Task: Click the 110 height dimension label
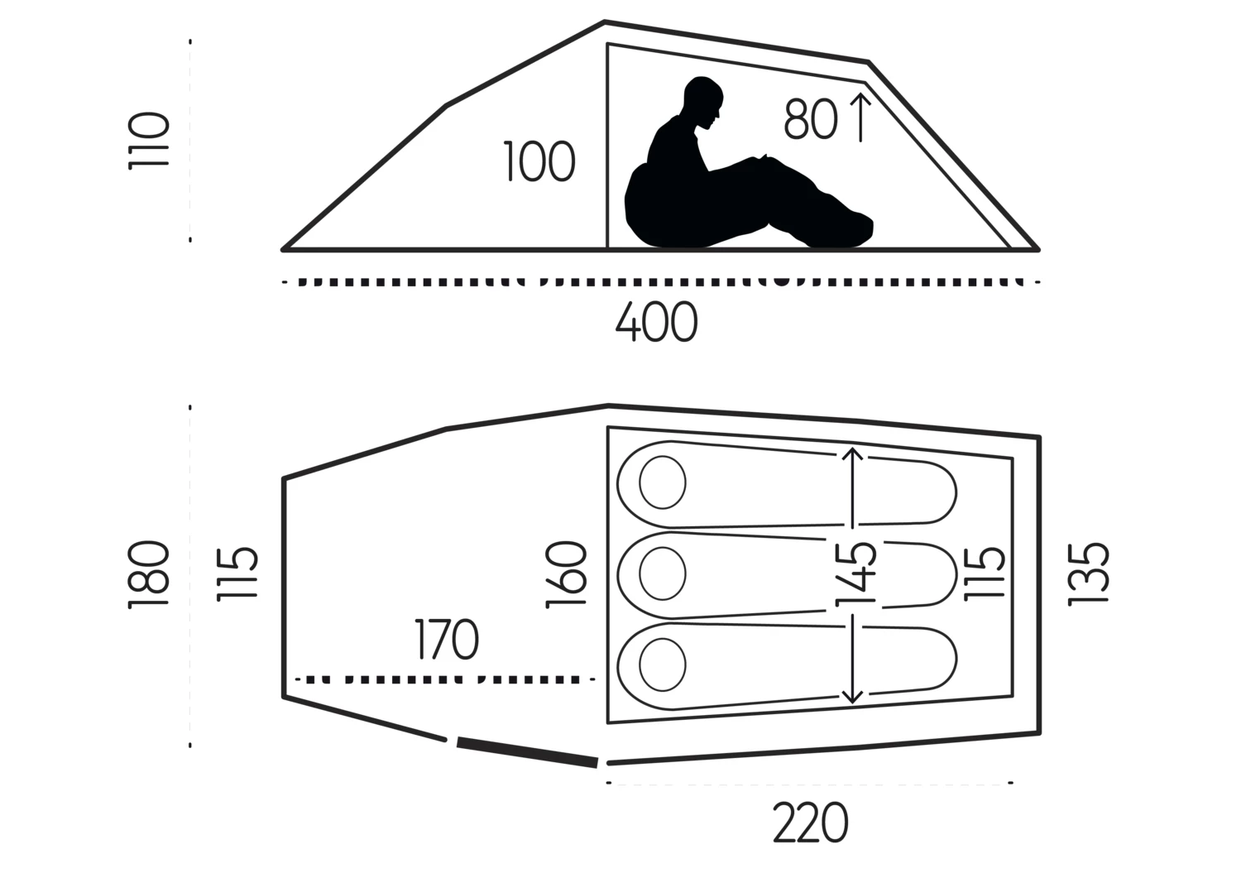point(148,141)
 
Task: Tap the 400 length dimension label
point(657,322)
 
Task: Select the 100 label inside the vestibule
point(539,161)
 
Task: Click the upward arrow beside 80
point(860,118)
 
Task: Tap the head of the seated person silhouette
point(703,103)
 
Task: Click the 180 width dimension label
point(148,575)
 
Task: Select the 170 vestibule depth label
point(447,639)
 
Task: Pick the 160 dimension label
point(566,575)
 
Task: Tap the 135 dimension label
point(1089,575)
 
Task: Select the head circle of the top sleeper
point(663,482)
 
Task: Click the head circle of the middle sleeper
point(663,573)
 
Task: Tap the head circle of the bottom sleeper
point(663,664)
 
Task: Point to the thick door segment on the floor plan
point(528,752)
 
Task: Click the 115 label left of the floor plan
point(237,573)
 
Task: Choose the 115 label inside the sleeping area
point(985,573)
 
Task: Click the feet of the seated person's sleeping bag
point(853,230)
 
